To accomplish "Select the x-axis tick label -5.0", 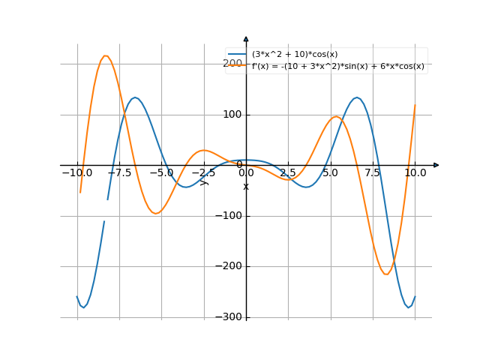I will coord(161,172).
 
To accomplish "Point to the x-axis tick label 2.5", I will coord(287,172).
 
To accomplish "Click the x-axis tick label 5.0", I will coord(330,172).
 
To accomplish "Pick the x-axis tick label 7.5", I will coord(373,172).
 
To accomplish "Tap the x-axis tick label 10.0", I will coord(415,172).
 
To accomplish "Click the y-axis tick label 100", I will coord(232,115).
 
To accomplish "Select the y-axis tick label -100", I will coord(229,216).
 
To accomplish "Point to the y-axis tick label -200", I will coord(229,266).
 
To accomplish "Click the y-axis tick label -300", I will coord(229,316).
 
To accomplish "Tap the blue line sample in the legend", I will coord(238,54).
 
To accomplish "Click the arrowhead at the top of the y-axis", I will coord(246,38).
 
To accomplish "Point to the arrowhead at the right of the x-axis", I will coord(436,165).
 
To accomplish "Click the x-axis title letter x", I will coord(246,186).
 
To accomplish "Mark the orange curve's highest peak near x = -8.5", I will coord(106,55).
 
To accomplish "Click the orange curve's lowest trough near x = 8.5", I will coord(386,274).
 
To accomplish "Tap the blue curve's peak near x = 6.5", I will coord(357,97).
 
